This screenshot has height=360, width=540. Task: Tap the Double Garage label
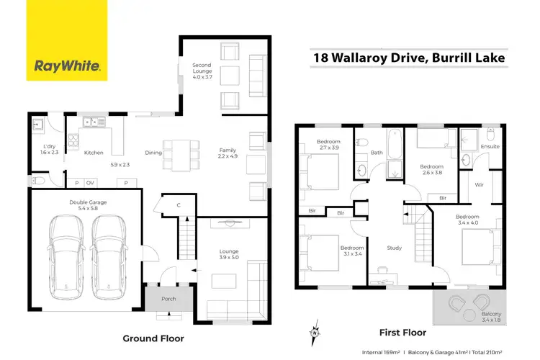[x=88, y=206]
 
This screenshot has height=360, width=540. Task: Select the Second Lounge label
[x=202, y=70]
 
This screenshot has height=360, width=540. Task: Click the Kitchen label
[x=94, y=153]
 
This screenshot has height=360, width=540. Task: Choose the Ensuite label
[x=490, y=146]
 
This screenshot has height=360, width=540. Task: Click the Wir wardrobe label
[x=480, y=184]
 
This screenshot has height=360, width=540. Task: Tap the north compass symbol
[x=315, y=333]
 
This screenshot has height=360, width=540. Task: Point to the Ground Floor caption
[x=153, y=338]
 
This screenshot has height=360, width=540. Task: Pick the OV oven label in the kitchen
[x=90, y=184]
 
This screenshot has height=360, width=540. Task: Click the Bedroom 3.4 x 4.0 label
[x=467, y=220]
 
